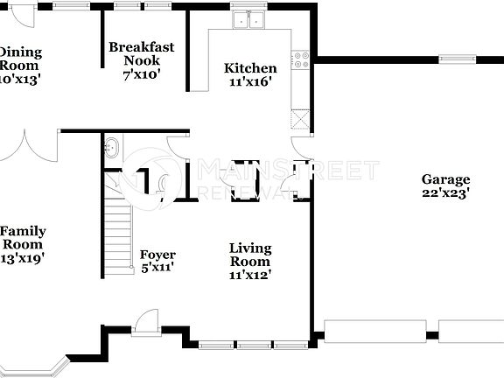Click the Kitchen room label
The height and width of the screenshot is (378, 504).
250,68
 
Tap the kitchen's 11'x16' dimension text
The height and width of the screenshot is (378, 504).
250,82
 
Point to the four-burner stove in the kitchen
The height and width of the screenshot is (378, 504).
301,59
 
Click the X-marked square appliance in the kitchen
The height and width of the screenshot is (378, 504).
301,118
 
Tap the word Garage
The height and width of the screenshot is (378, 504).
446,178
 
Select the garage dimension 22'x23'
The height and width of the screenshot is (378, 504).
446,192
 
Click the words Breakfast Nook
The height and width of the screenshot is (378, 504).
141,54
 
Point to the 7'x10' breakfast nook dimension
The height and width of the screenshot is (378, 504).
141,75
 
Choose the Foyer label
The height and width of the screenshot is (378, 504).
157,255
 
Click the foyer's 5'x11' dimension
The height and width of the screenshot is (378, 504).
157,268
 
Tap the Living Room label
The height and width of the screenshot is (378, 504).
249,255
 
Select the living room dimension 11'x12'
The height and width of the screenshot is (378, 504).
249,275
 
